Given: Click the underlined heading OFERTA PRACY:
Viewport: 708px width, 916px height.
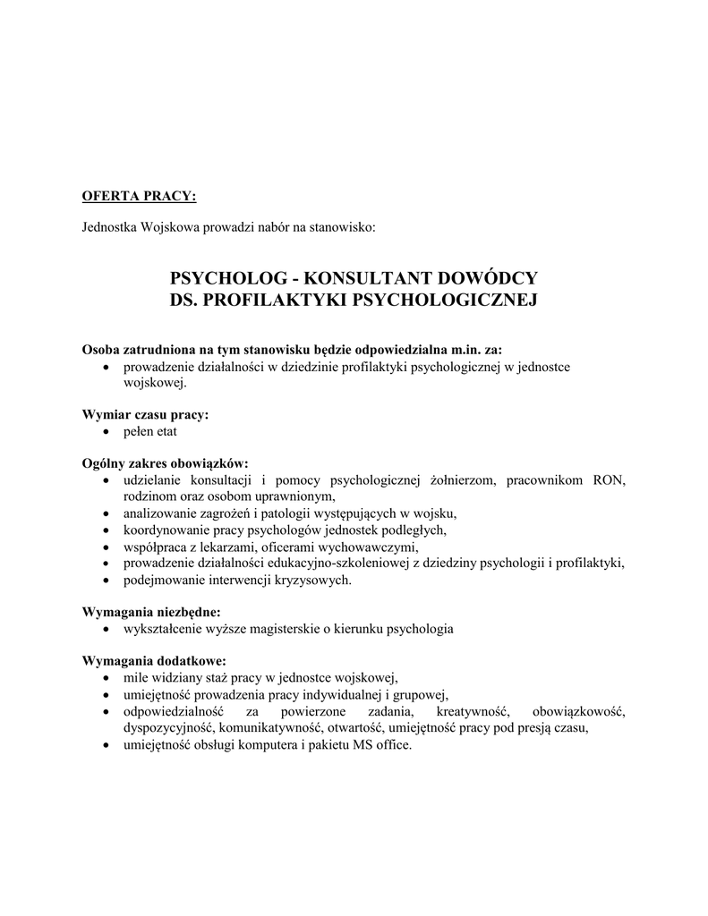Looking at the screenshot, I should pyautogui.click(x=138, y=196).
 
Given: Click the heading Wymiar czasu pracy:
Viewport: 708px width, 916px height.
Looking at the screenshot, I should pyautogui.click(x=145, y=415).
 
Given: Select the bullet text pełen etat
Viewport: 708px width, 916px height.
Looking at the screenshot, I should pyautogui.click(x=150, y=431).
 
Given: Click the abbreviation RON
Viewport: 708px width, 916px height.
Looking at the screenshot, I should pyautogui.click(x=609, y=480).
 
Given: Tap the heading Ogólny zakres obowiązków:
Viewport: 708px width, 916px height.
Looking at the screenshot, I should pyautogui.click(x=166, y=463).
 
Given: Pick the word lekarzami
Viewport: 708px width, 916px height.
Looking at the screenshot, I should pyautogui.click(x=229, y=546).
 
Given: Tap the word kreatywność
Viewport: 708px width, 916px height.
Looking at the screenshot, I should pyautogui.click(x=473, y=711).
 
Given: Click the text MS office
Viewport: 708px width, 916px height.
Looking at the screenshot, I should pyautogui.click(x=383, y=744).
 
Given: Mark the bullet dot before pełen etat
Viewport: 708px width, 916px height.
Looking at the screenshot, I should pyautogui.click(x=107, y=432).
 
